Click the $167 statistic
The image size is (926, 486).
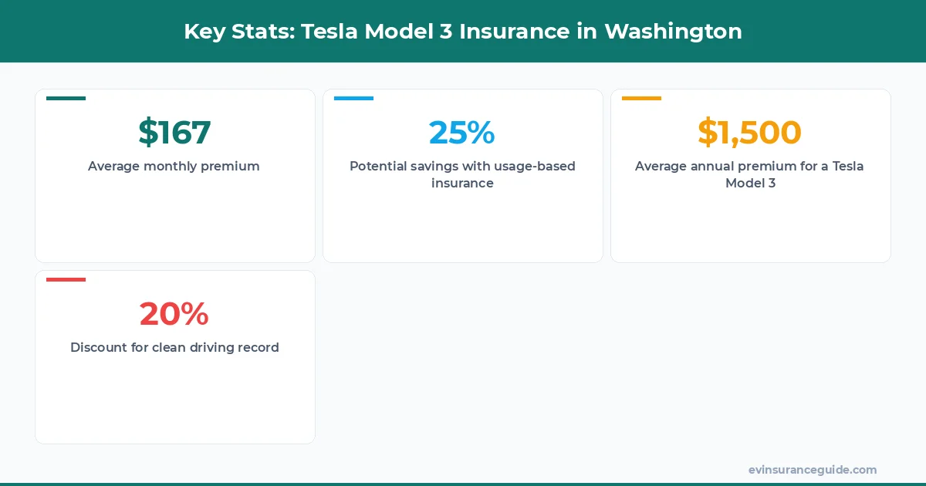(174, 132)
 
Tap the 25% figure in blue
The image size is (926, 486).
(462, 132)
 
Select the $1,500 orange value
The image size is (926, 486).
(750, 132)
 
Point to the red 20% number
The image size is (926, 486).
(174, 313)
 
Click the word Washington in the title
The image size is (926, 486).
(673, 32)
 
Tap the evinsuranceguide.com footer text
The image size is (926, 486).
(813, 469)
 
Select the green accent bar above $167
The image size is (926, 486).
(66, 98)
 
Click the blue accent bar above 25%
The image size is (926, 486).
(353, 98)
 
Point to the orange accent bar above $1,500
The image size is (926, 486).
(641, 98)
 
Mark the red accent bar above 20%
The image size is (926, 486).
(66, 279)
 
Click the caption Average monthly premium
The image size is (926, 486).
(174, 166)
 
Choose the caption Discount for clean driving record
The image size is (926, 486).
(174, 347)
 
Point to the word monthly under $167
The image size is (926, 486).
(171, 166)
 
